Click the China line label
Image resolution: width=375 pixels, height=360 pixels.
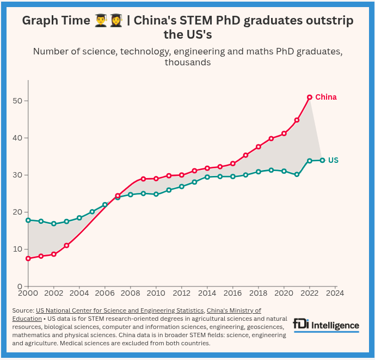pyautogui.click(x=325, y=97)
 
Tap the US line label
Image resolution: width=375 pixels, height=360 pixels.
pyautogui.click(x=333, y=160)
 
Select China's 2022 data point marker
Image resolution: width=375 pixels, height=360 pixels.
pyautogui.click(x=310, y=97)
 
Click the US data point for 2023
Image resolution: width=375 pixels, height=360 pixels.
pyautogui.click(x=322, y=160)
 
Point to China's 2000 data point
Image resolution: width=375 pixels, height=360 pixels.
pyautogui.click(x=28, y=258)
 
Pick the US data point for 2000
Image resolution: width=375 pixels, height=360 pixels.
pyautogui.click(x=28, y=220)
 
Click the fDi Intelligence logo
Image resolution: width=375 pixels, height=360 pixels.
pyautogui.click(x=326, y=325)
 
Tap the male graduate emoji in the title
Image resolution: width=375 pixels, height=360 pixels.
pyautogui.click(x=101, y=21)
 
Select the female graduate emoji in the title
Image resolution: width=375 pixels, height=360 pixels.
pyautogui.click(x=116, y=21)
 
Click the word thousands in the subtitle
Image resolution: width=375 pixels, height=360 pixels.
pyautogui.click(x=187, y=63)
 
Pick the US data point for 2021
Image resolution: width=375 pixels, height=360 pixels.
pyautogui.click(x=297, y=175)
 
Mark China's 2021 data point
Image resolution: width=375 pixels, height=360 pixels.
pyautogui.click(x=297, y=120)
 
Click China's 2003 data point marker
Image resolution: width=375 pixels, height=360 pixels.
pyautogui.click(x=66, y=246)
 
